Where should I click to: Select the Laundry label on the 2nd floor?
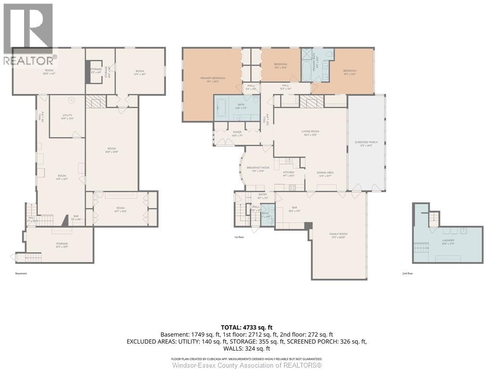tap(448, 242)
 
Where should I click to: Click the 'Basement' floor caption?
tap(21, 273)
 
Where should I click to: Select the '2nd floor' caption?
tap(408, 273)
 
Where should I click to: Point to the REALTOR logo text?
tap(29, 61)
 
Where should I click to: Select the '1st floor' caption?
tap(239, 237)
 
